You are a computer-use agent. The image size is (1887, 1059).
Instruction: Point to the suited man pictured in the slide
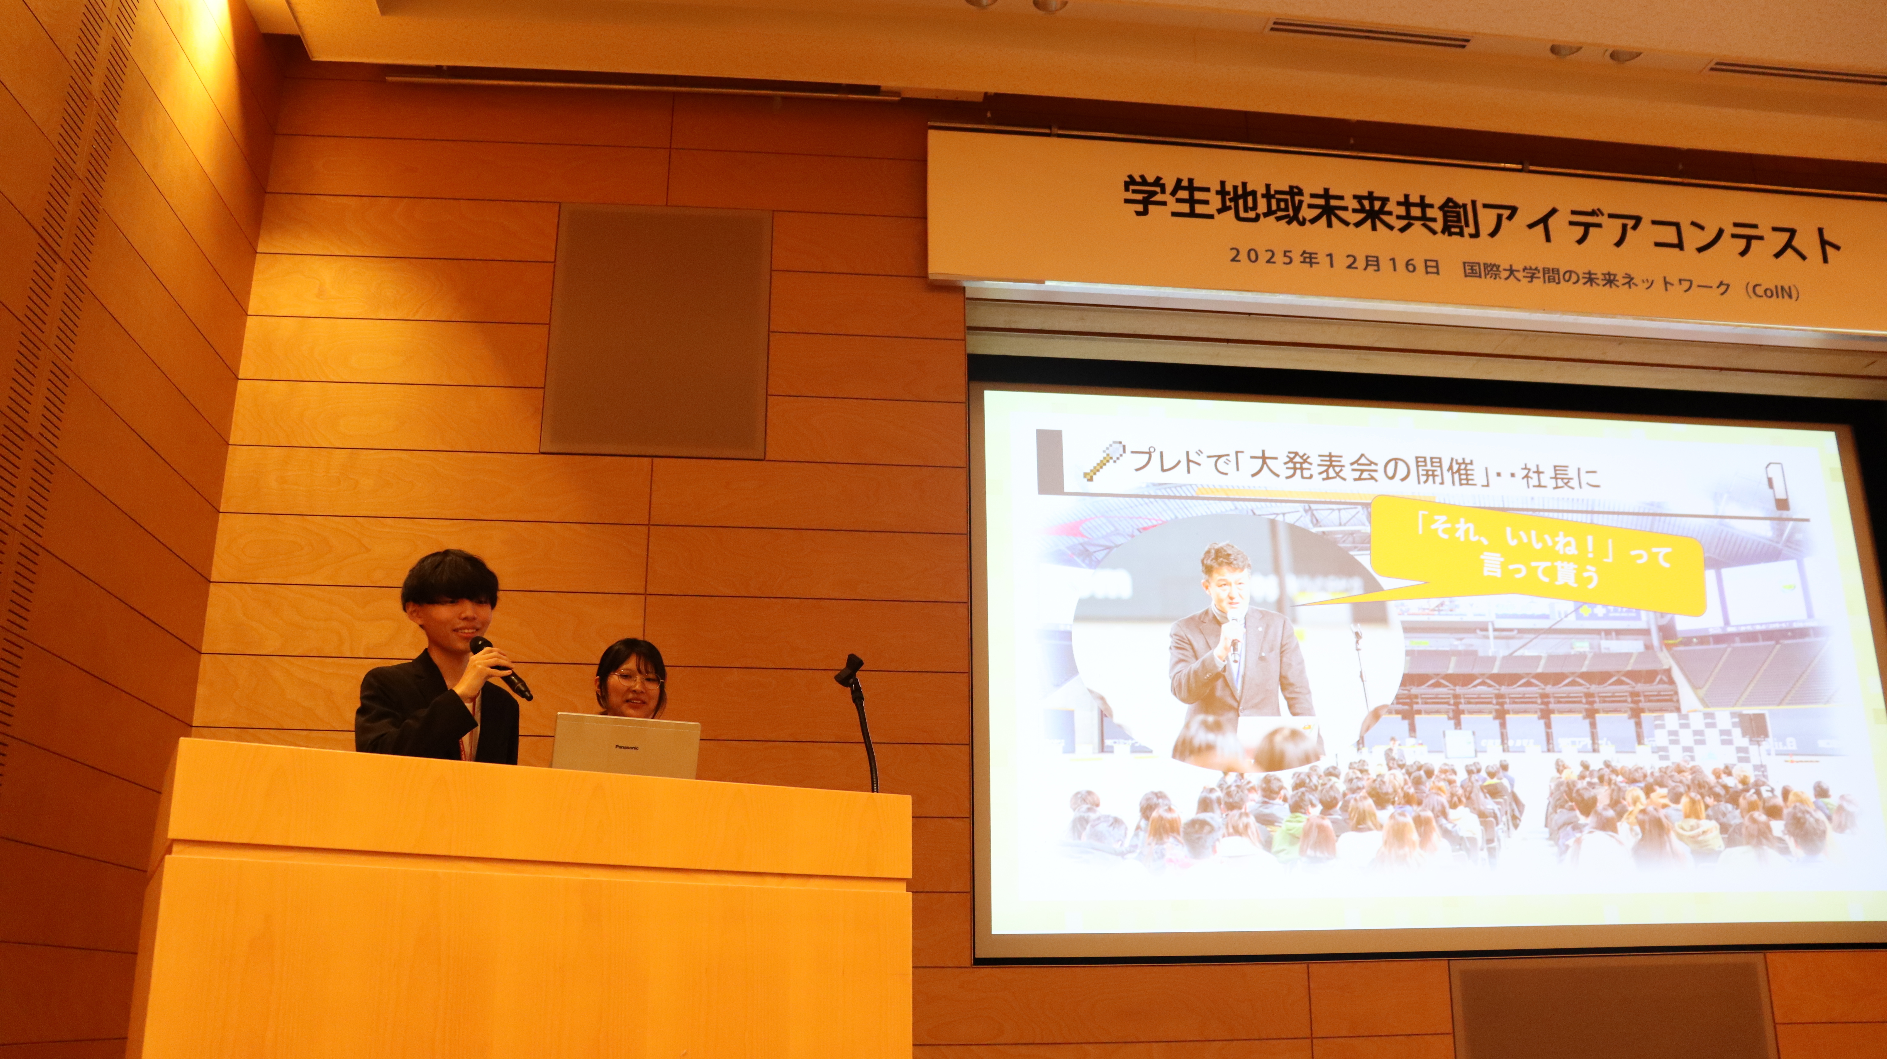[1238, 652]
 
